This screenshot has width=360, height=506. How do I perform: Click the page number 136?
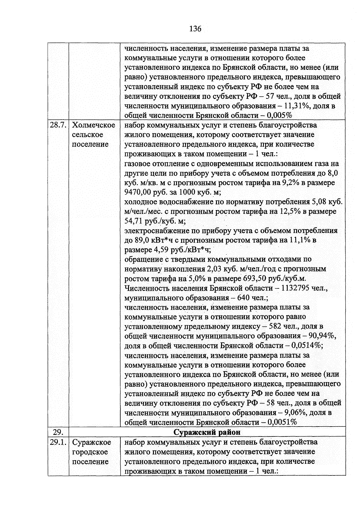[x=195, y=29]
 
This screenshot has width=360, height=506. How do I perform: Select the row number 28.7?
[x=58, y=125]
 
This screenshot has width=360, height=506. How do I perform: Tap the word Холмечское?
[x=94, y=125]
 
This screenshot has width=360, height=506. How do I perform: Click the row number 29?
[x=58, y=432]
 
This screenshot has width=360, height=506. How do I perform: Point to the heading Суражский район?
[x=207, y=432]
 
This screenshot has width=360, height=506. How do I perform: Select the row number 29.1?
[x=58, y=442]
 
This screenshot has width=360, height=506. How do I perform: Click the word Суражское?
[x=92, y=442]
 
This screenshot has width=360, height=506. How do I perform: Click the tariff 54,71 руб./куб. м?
[x=155, y=221]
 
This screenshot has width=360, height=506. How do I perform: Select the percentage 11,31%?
[x=294, y=106]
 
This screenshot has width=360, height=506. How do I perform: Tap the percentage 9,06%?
[x=295, y=413]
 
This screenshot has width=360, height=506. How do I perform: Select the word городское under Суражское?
[x=90, y=452]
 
